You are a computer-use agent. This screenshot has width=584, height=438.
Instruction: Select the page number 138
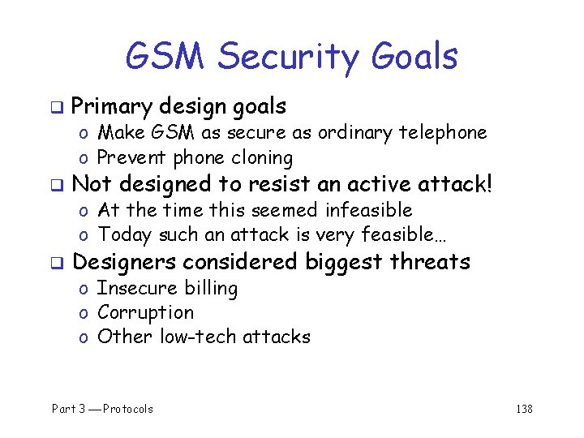(x=524, y=409)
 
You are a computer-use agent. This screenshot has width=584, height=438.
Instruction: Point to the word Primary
(x=112, y=106)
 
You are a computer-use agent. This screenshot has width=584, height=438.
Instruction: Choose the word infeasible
(x=368, y=210)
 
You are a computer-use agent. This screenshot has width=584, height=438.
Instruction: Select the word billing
(x=210, y=289)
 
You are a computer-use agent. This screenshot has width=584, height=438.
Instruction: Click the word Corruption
(x=145, y=313)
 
